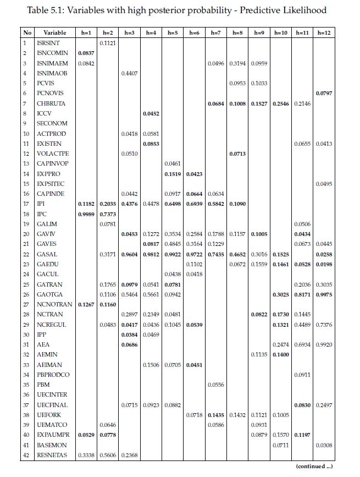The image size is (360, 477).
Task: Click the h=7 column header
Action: (x=216, y=33)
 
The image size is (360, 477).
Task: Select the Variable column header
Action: (x=54, y=33)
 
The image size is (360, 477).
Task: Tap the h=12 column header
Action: (x=324, y=33)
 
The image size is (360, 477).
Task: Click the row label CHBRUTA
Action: (x=51, y=103)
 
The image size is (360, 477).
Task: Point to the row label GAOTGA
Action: (x=50, y=294)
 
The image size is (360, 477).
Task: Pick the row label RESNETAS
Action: (x=52, y=455)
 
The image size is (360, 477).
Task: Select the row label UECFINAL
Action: (x=52, y=405)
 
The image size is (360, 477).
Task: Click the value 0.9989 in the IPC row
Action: (x=86, y=214)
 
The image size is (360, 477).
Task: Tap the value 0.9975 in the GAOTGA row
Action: (x=324, y=294)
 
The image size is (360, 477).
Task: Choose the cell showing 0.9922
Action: (x=173, y=254)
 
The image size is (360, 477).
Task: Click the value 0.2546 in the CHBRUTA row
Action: (x=281, y=103)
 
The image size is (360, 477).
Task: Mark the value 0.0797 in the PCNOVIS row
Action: (x=324, y=93)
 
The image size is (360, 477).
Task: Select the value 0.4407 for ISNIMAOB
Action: (x=129, y=73)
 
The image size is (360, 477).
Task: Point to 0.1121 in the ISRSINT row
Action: (x=108, y=43)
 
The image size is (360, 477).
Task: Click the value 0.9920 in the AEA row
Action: (x=324, y=344)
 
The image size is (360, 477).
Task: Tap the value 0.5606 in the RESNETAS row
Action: (x=108, y=455)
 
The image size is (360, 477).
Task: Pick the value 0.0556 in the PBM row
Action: (x=216, y=385)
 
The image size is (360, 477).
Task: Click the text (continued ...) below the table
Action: (x=314, y=466)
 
